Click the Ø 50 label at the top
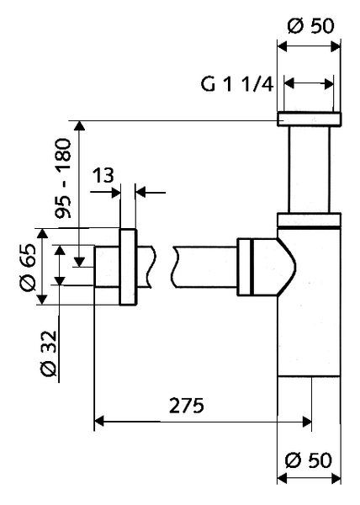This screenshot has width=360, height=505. click(x=310, y=25)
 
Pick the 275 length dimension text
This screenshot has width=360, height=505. click(x=186, y=406)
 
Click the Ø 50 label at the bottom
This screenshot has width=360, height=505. click(x=310, y=460)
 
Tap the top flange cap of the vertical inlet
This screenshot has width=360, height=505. click(x=309, y=118)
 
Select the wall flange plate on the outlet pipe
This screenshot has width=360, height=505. click(x=129, y=267)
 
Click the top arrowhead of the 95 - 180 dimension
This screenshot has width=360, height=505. click(x=80, y=126)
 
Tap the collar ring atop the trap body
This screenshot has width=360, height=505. click(x=309, y=221)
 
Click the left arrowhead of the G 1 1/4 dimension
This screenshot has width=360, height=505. click(x=289, y=83)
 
